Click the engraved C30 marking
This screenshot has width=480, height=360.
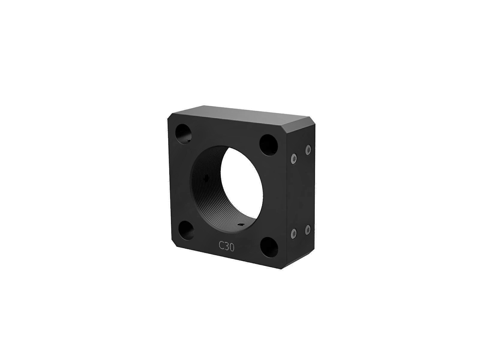point(226,246)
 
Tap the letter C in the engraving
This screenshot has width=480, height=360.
point(221,245)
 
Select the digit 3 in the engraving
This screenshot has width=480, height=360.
point(227,246)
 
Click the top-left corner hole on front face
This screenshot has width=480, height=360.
point(184,134)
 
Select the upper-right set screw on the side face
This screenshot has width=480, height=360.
point(308,150)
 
